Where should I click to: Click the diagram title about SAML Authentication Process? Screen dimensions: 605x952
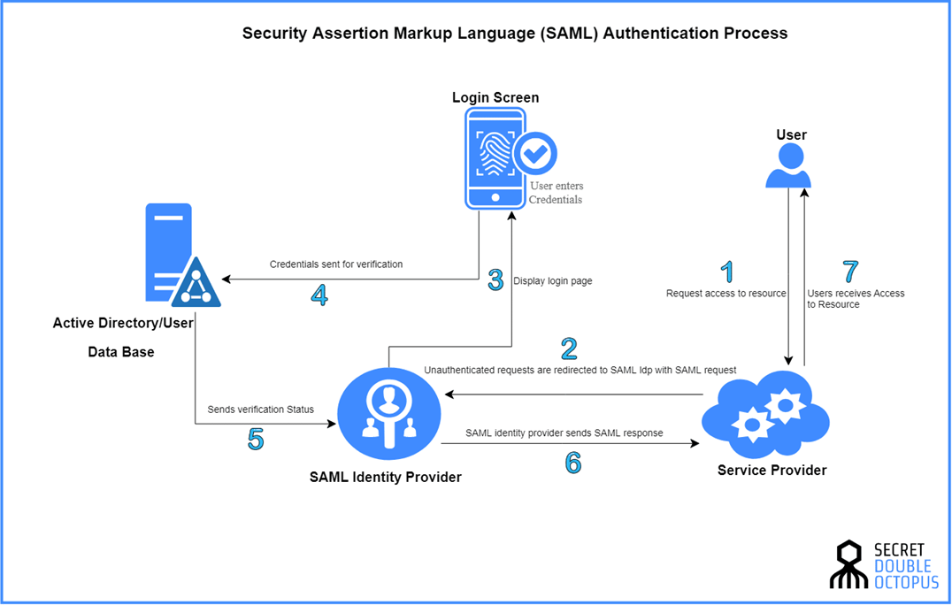515,34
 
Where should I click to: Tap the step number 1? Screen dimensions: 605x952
727,272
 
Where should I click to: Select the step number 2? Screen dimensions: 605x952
569,348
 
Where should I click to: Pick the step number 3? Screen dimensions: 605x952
496,280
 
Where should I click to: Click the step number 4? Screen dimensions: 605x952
319,295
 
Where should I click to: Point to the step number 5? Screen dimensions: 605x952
256,439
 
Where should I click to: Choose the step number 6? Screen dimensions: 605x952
573,462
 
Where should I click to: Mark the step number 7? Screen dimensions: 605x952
849,271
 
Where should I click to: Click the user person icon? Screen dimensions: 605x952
788,166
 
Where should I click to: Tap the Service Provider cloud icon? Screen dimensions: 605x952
765,414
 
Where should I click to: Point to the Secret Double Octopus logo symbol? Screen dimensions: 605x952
850,564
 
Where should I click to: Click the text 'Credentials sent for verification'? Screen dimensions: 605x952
336,264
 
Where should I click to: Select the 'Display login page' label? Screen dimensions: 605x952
553,281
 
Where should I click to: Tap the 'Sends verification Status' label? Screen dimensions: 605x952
261,410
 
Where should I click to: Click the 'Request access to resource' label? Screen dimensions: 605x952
726,293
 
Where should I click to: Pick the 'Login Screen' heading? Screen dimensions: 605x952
495,97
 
